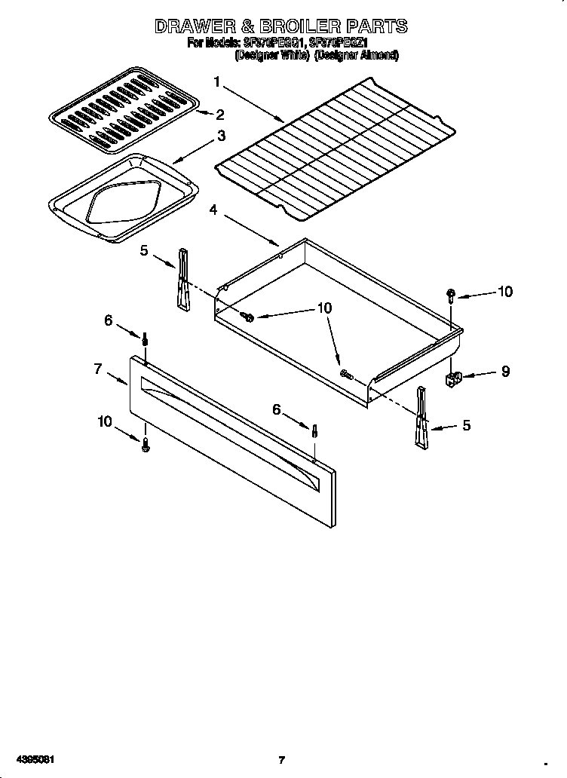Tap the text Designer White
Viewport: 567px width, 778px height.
(x=271, y=55)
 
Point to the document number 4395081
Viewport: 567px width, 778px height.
(x=28, y=759)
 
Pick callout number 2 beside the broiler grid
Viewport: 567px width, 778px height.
(x=219, y=115)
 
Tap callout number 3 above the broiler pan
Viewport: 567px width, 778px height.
(x=221, y=136)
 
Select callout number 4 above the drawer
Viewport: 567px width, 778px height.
(x=213, y=210)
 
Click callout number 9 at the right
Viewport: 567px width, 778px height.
(x=505, y=371)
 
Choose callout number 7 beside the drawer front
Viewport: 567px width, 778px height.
(x=98, y=369)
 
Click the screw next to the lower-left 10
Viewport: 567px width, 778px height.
(x=146, y=446)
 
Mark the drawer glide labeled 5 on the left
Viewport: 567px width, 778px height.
(x=182, y=279)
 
